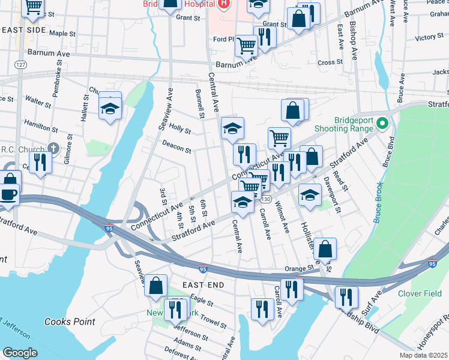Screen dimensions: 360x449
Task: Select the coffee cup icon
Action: tap(8, 194)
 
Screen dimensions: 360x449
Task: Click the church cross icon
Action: tap(53, 148)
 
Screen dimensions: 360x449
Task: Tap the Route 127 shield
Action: tap(22, 64)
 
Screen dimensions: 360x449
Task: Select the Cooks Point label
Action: tap(70, 322)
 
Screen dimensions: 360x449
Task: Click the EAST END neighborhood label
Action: tap(203, 284)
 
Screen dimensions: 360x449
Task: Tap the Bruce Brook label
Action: tap(378, 204)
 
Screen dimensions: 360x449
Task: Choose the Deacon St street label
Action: tap(176, 148)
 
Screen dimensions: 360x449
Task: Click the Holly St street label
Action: tap(179, 128)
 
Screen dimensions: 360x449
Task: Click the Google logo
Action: tap(20, 352)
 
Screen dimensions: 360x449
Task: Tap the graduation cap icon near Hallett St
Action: tap(110, 109)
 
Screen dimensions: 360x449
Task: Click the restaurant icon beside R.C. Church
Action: tap(41, 162)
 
